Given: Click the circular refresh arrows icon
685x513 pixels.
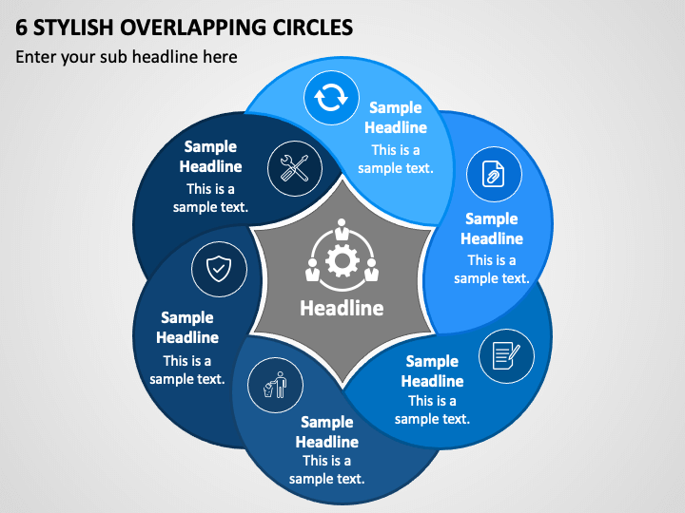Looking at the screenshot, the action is click(331, 98).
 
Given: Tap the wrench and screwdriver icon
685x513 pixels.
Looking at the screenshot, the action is click(294, 168).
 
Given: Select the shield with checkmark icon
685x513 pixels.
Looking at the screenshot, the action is click(219, 269).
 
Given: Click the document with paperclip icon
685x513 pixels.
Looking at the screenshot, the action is click(493, 174).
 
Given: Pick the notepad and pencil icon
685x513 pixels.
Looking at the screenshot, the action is click(506, 355).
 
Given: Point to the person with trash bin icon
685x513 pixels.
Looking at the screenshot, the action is click(275, 385).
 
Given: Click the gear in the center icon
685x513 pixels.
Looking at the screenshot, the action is click(342, 261).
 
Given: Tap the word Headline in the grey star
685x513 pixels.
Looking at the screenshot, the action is click(342, 308).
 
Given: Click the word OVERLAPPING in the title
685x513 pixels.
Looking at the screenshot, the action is click(192, 28).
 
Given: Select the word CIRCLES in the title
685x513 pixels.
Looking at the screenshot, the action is click(313, 28).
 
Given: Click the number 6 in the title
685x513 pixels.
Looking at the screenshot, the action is click(21, 28).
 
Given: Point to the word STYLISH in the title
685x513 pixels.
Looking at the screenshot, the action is click(73, 28).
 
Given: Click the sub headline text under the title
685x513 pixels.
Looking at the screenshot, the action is click(127, 57).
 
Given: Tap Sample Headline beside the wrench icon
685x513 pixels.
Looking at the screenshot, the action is click(210, 157).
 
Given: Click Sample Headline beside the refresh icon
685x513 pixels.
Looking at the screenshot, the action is click(396, 118).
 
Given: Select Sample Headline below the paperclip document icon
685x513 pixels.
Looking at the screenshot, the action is click(492, 229).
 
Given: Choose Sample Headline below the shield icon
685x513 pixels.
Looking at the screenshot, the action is click(187, 327).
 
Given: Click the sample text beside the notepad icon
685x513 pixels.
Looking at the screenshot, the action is click(432, 410).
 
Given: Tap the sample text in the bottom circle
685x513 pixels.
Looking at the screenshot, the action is click(326, 470).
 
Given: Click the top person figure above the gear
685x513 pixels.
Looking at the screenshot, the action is click(342, 229).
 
